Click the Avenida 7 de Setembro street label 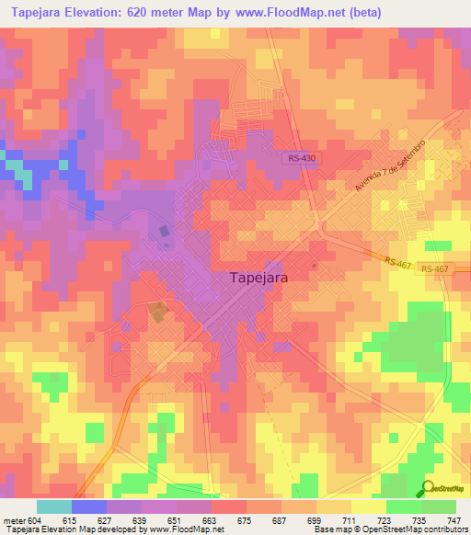click(390, 165)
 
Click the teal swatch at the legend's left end click(53, 507)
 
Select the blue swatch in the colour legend click(89, 507)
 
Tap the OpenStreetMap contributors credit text click(422, 529)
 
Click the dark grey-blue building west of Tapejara click(165, 233)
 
